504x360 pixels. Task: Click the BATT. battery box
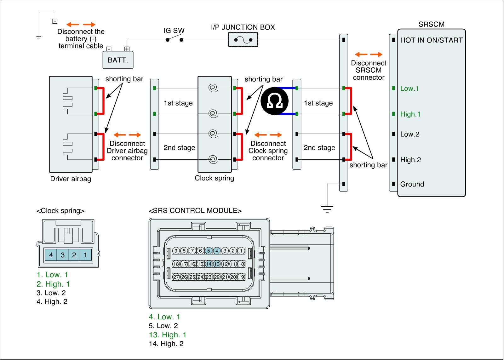tap(118, 60)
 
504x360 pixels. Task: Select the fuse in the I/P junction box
tap(243, 40)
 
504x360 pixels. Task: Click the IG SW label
tap(174, 31)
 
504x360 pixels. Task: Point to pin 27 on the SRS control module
tap(176, 277)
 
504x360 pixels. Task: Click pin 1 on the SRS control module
tap(241, 251)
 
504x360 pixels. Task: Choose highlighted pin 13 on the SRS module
tap(217, 264)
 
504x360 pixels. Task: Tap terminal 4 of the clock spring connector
tap(51, 255)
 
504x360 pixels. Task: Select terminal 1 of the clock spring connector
tap(85, 255)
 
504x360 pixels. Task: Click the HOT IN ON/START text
tap(431, 40)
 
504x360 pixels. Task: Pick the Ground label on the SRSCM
tap(412, 184)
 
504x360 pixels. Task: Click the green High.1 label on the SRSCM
tap(410, 114)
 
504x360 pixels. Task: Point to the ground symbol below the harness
tap(327, 209)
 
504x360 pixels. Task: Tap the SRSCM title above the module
tap(431, 24)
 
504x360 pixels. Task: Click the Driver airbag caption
tap(71, 179)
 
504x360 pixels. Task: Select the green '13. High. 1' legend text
tap(168, 335)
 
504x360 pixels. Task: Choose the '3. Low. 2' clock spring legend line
tap(51, 293)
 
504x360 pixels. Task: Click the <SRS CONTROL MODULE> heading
tap(195, 211)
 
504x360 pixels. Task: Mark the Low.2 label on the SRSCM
tap(409, 134)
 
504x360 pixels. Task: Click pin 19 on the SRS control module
tap(241, 277)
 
